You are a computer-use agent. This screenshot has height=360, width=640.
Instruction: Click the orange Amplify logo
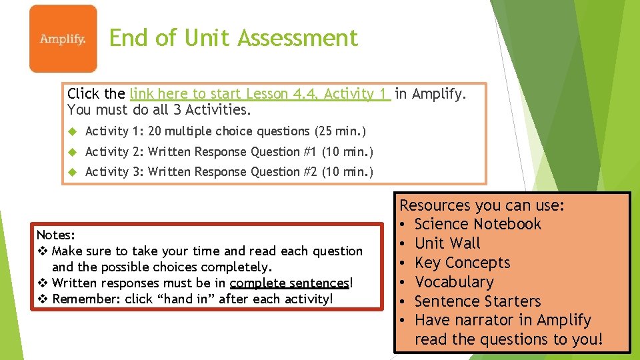(63, 39)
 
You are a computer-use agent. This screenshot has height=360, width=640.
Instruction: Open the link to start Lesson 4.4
(260, 94)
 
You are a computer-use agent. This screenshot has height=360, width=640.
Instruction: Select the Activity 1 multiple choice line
(225, 131)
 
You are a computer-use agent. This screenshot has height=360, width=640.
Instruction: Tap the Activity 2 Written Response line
(229, 151)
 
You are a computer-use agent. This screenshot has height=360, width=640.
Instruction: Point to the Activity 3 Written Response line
(229, 172)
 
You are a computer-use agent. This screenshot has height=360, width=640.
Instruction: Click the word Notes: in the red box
(56, 235)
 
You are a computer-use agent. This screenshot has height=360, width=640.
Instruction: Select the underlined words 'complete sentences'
(289, 283)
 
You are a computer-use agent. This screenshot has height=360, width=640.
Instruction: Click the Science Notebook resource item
(477, 224)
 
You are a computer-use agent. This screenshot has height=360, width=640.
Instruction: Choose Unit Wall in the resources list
(447, 243)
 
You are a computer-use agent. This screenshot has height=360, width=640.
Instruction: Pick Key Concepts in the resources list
(462, 263)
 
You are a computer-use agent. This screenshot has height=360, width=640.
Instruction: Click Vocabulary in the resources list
(454, 282)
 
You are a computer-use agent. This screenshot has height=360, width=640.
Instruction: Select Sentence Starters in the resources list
(477, 301)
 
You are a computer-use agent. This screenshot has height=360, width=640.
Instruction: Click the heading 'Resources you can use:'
(481, 205)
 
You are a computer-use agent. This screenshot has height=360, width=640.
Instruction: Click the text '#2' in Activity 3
(310, 172)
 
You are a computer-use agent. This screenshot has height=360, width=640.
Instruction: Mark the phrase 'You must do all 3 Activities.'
(159, 109)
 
